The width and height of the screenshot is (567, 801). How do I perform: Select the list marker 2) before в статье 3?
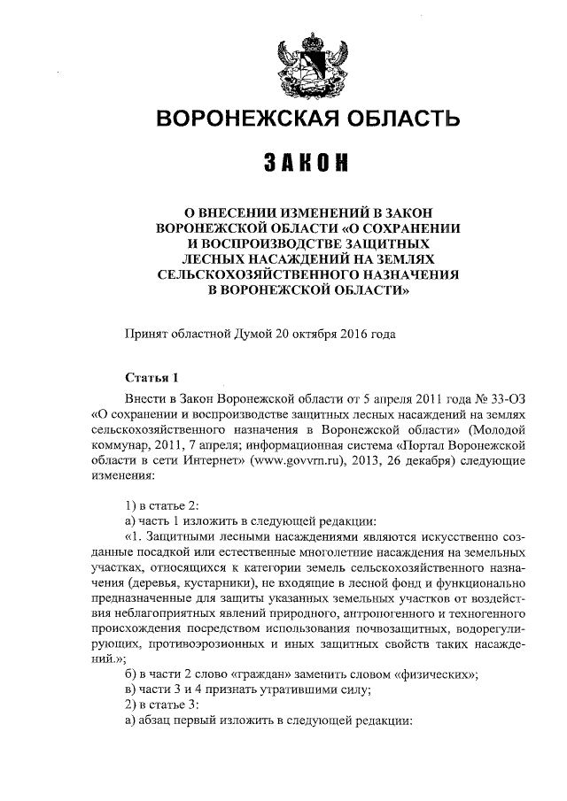pyautogui.click(x=132, y=706)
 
